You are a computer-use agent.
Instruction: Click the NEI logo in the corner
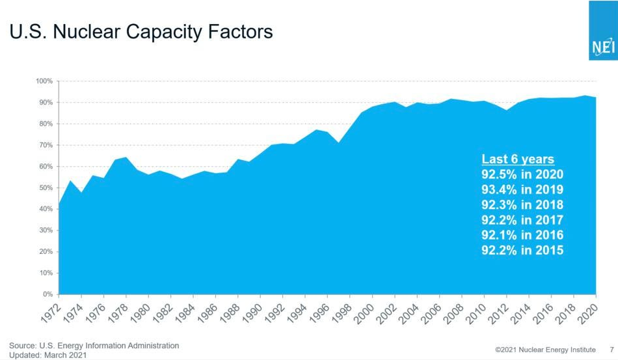pyautogui.click(x=602, y=47)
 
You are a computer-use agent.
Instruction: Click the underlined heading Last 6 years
pyautogui.click(x=517, y=159)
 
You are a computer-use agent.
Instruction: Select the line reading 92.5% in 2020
pyautogui.click(x=522, y=174)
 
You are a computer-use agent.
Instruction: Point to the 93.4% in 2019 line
pyautogui.click(x=522, y=189)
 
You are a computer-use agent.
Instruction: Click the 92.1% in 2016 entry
pyautogui.click(x=522, y=235)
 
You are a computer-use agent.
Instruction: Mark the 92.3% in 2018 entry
pyautogui.click(x=522, y=204)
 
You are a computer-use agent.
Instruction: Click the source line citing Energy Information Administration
pyautogui.click(x=94, y=345)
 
